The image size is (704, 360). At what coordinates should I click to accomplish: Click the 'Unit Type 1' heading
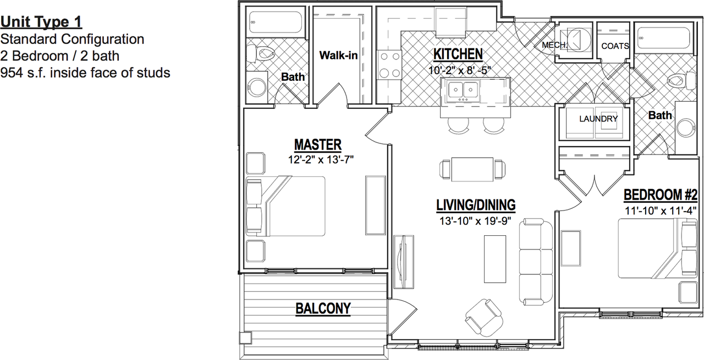41,22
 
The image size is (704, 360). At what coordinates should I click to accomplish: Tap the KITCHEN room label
458,54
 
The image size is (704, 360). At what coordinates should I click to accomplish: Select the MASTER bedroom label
318,145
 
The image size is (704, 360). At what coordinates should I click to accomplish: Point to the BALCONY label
323,308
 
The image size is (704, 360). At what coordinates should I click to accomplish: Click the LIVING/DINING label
476,205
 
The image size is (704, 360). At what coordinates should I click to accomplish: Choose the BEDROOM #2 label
661,195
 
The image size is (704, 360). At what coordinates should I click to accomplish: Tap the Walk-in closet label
338,56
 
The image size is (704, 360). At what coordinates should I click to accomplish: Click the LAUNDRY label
598,119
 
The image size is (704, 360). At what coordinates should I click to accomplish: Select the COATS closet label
615,46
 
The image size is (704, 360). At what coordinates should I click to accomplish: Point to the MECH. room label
554,45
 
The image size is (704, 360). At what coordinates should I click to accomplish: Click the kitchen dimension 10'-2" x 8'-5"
459,70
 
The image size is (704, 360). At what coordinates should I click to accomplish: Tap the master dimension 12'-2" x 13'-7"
321,159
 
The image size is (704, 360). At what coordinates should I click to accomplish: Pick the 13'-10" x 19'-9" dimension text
475,221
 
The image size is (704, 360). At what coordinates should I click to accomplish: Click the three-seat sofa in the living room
536,263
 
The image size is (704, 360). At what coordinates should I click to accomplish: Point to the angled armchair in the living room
485,318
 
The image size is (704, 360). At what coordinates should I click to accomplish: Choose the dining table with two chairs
472,170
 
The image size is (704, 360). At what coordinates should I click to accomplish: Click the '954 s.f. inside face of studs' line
85,73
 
